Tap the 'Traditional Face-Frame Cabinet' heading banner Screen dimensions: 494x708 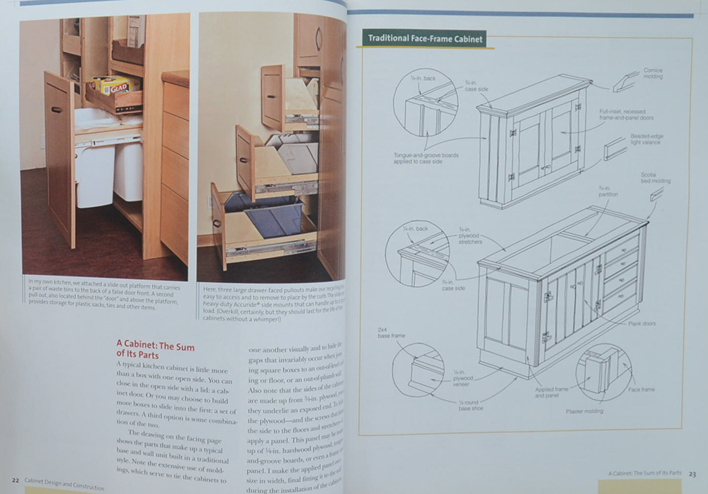(x=423, y=39)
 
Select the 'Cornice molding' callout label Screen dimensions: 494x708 (x=652, y=74)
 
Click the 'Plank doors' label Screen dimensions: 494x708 (x=641, y=323)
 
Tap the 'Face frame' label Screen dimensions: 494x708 (x=641, y=389)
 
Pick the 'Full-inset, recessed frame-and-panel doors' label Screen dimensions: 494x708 (x=623, y=115)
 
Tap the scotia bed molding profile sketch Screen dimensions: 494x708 (x=656, y=193)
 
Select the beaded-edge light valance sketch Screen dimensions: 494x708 (x=615, y=149)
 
